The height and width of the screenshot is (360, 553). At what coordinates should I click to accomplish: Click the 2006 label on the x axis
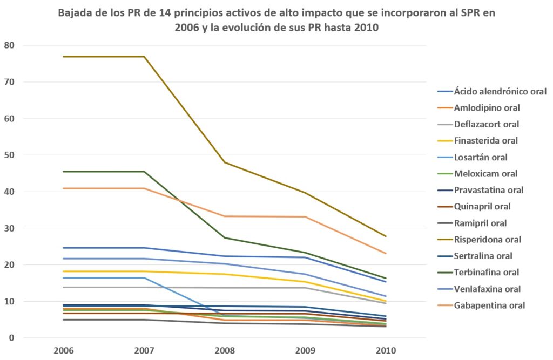[x=64, y=350]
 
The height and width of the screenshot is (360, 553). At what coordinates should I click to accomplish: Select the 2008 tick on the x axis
[x=225, y=350]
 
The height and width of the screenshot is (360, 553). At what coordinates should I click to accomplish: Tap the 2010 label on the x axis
[x=385, y=350]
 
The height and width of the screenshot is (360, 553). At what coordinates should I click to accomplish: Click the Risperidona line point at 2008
[x=225, y=162]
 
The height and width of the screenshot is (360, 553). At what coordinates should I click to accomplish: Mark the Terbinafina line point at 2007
[x=144, y=172]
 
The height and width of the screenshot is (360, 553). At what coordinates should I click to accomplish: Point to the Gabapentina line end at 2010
[x=385, y=254]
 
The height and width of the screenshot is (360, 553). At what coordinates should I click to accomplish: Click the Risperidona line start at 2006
[x=64, y=57]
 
